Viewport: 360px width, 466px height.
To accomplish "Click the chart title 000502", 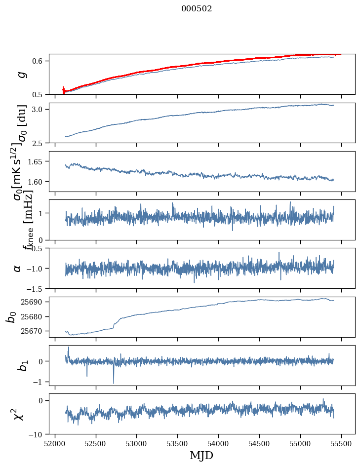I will click(197, 9).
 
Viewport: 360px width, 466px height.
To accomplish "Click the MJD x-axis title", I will click(201, 455).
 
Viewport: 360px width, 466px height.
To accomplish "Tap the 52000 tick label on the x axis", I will click(55, 443).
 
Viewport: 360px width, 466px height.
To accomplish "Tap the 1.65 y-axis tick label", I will click(36, 161).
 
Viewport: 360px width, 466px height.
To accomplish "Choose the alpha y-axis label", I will click(18, 268).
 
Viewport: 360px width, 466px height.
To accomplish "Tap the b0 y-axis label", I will click(11, 316).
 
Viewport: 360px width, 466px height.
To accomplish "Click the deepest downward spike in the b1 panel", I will click(114, 383).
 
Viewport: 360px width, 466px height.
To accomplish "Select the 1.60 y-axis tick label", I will click(36, 182).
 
